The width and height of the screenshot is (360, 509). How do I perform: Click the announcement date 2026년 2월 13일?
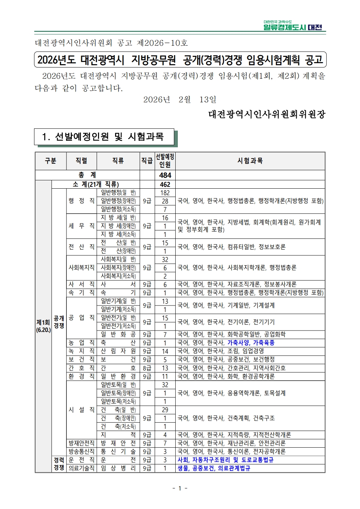click(180, 100)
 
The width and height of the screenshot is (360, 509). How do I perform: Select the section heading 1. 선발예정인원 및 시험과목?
click(104, 137)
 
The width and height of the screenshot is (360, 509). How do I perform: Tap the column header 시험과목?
click(250, 161)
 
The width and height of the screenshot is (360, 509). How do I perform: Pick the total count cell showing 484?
click(165, 175)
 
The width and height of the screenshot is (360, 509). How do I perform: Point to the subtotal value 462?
click(165, 184)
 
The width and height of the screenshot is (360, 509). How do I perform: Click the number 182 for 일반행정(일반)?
click(165, 193)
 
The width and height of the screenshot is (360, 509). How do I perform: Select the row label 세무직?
click(81, 226)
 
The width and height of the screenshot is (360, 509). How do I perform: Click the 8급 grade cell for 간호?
click(147, 368)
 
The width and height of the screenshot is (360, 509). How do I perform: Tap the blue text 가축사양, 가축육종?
click(251, 343)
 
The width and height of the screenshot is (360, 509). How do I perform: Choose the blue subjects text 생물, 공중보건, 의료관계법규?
click(214, 468)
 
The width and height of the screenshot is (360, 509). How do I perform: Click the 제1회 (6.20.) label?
click(43, 326)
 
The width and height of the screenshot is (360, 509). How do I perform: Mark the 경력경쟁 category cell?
click(59, 464)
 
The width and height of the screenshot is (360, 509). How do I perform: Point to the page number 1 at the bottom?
click(180, 488)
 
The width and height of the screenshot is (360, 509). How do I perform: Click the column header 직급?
click(147, 161)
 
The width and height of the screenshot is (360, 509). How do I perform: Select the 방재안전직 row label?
click(81, 443)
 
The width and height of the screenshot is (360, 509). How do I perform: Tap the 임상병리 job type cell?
click(118, 468)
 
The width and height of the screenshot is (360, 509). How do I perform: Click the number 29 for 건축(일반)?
click(165, 410)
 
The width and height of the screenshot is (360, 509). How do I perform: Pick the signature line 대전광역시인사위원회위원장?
click(267, 115)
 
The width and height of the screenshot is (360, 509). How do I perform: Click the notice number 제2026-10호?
click(162, 43)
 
